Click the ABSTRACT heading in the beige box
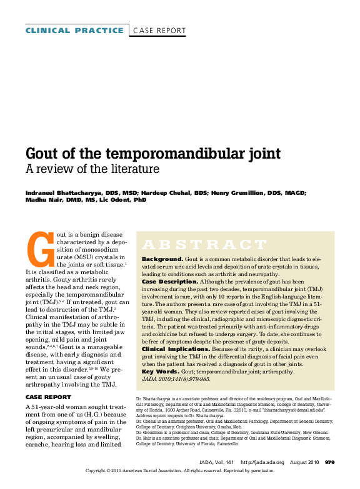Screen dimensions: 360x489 click(x=196, y=244)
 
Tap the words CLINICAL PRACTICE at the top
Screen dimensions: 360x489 click(x=74, y=30)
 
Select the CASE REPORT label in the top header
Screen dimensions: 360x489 click(x=159, y=30)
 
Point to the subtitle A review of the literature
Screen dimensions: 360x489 click(x=92, y=170)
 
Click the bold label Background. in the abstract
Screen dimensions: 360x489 click(x=162, y=259)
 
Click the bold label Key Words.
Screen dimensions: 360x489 click(x=160, y=372)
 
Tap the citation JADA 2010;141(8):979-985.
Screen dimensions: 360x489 click(x=176, y=380)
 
